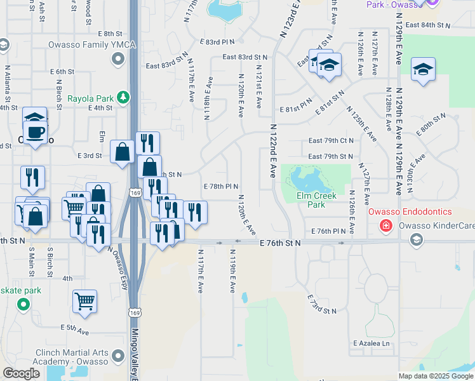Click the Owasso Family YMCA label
pos(88,44)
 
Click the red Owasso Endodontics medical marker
pos(385,225)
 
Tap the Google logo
pos(21,373)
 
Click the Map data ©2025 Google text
pos(436,376)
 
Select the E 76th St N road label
pos(280,243)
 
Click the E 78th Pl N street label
pos(220,186)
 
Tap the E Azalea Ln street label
pos(371,343)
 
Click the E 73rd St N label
pos(321,305)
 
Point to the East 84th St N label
pos(427,25)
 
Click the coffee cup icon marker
pos(35,133)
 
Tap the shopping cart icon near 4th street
pos(84,301)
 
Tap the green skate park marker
pos(23,304)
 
